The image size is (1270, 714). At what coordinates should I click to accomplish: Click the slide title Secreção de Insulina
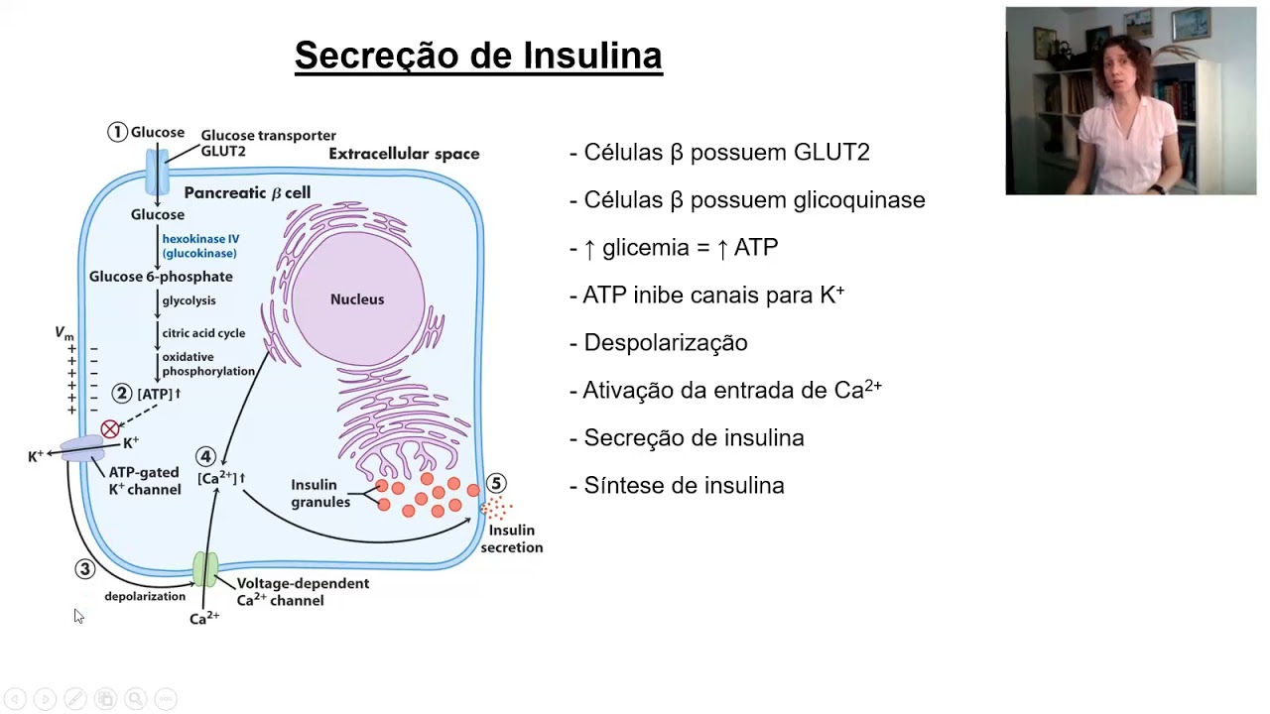tap(478, 56)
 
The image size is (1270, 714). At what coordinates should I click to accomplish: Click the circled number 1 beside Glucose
tap(118, 132)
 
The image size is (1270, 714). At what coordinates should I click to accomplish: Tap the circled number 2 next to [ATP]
tap(122, 394)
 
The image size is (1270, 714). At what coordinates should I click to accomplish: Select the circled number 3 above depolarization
tap(84, 568)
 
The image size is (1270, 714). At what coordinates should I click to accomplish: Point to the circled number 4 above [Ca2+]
tap(205, 456)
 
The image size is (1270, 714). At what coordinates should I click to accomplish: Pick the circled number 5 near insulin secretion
tap(496, 483)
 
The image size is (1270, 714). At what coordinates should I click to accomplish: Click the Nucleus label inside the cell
tap(357, 299)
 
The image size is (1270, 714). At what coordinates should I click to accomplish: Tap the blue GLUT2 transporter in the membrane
tap(158, 172)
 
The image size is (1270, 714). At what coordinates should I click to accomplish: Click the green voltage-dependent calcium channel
tap(205, 569)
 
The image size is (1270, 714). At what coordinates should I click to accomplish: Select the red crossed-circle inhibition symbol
tap(110, 429)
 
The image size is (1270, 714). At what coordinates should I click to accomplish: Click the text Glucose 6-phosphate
tap(161, 277)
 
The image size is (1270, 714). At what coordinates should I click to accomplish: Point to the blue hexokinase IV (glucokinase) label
tap(200, 246)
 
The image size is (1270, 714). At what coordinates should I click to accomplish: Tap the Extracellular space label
tap(404, 154)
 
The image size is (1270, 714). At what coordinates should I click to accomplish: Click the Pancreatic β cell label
tap(247, 192)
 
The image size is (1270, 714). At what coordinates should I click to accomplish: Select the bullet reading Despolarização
tap(665, 343)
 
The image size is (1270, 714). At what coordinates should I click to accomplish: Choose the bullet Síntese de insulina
tap(684, 486)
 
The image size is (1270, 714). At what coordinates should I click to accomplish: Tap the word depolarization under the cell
tap(145, 596)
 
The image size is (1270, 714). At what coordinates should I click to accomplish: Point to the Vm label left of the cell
tap(63, 334)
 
